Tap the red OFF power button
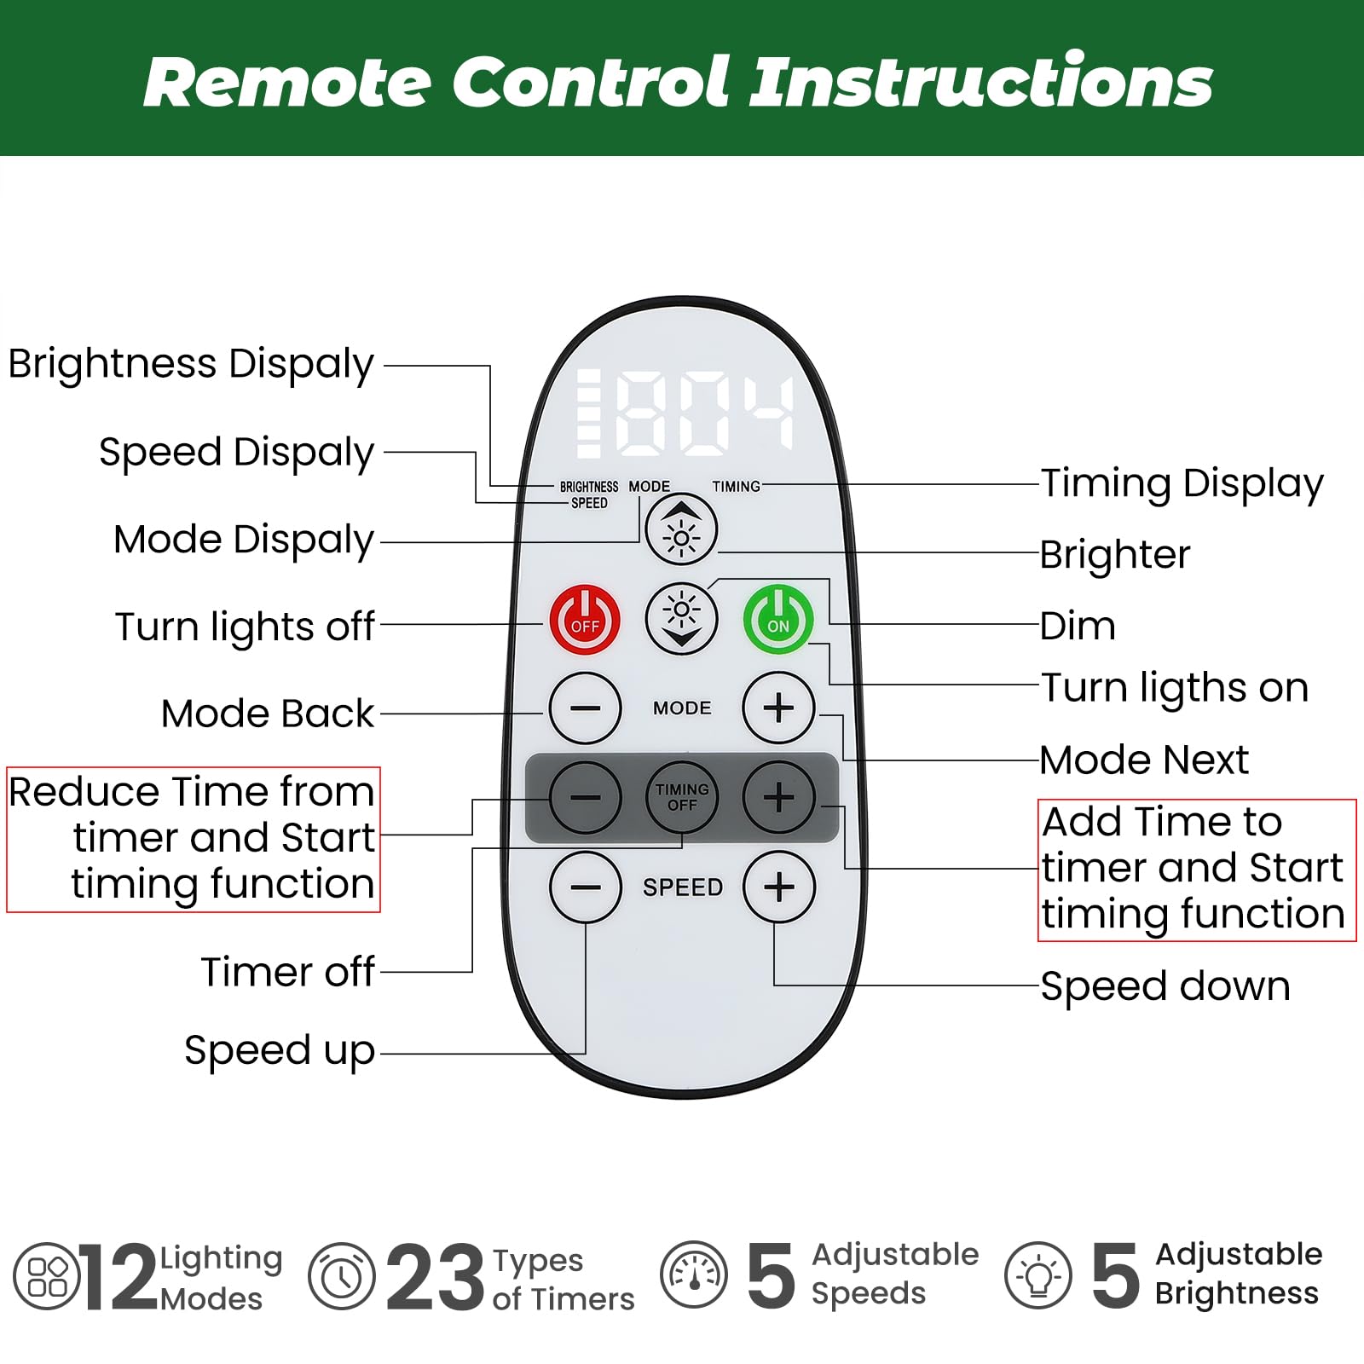[585, 618]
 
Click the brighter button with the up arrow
[681, 529]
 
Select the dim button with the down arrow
[681, 618]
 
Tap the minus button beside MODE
[585, 708]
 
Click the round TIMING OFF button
[681, 797]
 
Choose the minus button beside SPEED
[585, 887]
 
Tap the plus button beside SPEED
[778, 887]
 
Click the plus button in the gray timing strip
[778, 797]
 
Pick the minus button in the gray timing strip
[585, 797]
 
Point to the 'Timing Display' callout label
[1182, 483]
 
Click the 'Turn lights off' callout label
[245, 627]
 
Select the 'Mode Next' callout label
[1144, 760]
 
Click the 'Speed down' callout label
[1165, 986]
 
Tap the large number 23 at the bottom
[435, 1276]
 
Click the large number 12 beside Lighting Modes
[119, 1276]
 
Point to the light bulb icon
[1037, 1276]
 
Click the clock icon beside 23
[341, 1276]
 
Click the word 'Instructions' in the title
[980, 82]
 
